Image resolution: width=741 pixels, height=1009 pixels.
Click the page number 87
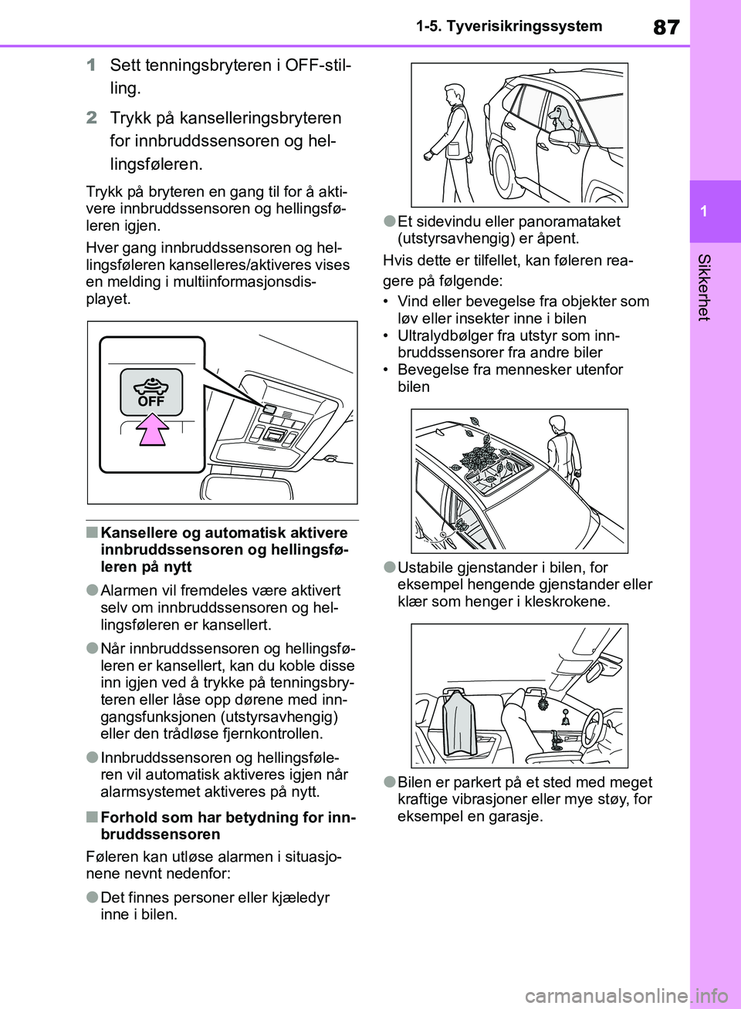666,27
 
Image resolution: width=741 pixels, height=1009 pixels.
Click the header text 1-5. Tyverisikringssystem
509,26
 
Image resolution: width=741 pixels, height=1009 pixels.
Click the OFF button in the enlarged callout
151,392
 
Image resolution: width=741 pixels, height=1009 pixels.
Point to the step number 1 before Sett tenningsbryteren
91,65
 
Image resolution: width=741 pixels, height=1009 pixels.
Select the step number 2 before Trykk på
92,118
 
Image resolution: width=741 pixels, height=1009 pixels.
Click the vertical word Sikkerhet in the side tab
704,286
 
